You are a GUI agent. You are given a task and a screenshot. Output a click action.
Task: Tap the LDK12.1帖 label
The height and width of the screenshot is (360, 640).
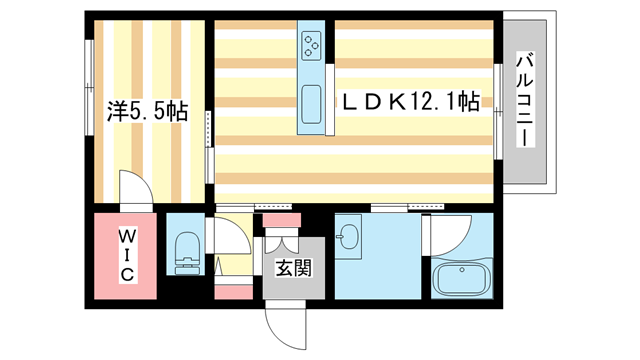coord(409,101)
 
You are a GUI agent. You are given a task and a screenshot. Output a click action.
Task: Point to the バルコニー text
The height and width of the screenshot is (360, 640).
coord(524,101)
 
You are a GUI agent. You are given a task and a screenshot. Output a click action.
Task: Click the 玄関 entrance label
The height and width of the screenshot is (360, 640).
coord(293,267)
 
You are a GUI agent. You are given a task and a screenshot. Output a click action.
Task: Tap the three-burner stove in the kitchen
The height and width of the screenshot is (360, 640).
coord(310,44)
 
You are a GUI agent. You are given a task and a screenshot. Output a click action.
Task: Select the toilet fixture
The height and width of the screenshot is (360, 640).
coord(186,253)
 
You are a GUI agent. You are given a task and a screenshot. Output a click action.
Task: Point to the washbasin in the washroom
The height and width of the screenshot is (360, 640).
coord(349,238)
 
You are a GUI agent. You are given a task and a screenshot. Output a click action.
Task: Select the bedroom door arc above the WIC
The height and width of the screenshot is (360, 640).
coord(134,189)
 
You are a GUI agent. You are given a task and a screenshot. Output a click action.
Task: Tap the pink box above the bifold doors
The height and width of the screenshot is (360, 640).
coord(282,219)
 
